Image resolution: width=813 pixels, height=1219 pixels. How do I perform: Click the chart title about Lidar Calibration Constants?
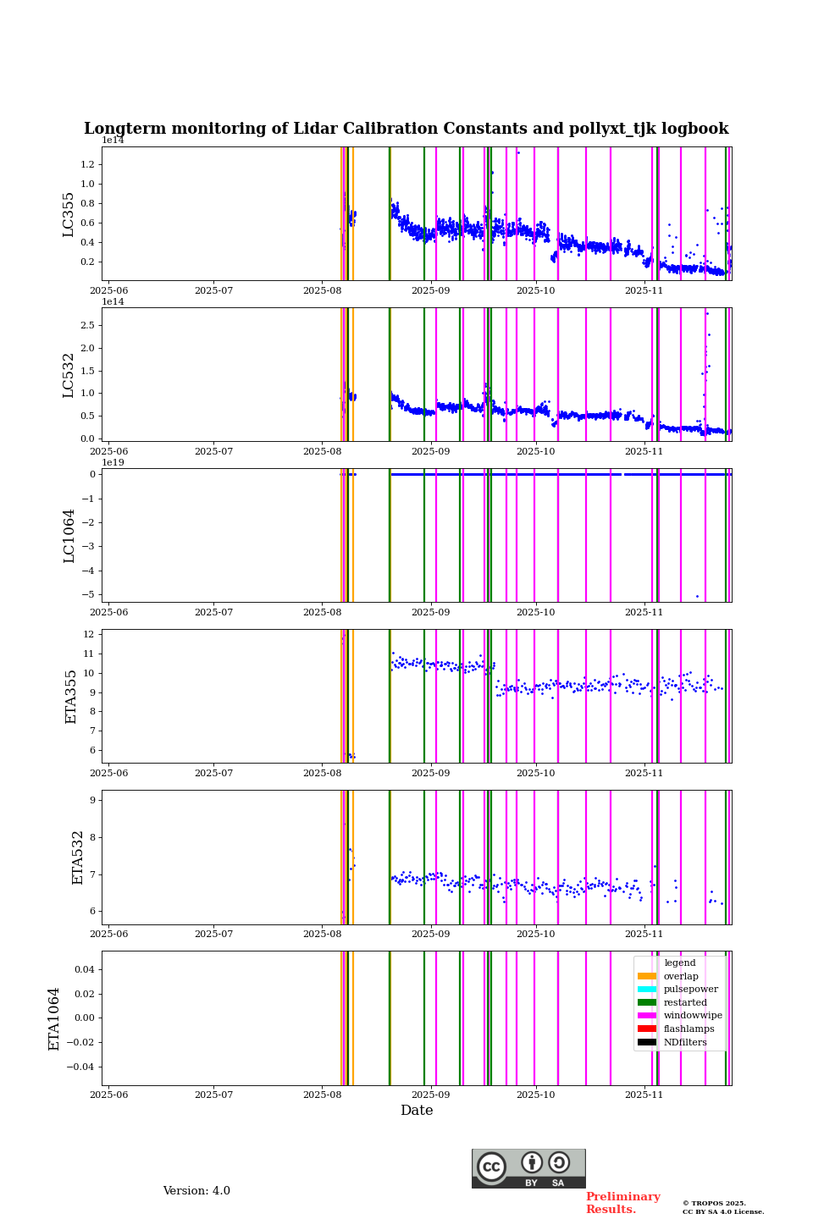point(406,129)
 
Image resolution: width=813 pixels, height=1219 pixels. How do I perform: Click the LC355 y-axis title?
point(69,214)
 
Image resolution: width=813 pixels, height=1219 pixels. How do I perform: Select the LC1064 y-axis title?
point(69,535)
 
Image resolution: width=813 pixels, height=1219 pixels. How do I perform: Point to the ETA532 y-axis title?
point(77,857)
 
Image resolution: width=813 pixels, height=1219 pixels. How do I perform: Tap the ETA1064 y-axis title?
point(54,1018)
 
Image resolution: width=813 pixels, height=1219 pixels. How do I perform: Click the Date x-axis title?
point(417,1111)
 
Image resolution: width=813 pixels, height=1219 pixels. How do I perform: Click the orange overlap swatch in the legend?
point(647,976)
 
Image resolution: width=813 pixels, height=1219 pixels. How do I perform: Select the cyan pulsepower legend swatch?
point(647,990)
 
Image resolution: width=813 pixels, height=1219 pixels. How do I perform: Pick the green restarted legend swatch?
point(647,1002)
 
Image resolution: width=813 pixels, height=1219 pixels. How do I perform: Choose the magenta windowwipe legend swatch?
point(647,1016)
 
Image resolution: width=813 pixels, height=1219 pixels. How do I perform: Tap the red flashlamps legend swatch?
point(647,1029)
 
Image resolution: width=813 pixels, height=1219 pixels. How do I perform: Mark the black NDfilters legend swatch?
point(647,1042)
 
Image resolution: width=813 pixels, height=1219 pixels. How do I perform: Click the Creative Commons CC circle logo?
point(491,1167)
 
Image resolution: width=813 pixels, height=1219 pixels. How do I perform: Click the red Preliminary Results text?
point(622,1203)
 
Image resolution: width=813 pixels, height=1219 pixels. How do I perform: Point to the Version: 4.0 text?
point(196,1191)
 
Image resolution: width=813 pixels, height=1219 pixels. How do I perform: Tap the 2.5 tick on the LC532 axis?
point(87,326)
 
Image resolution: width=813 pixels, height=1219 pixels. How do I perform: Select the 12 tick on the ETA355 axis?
point(88,634)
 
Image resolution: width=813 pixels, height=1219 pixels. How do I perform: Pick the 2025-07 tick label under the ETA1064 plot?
point(213,1095)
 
